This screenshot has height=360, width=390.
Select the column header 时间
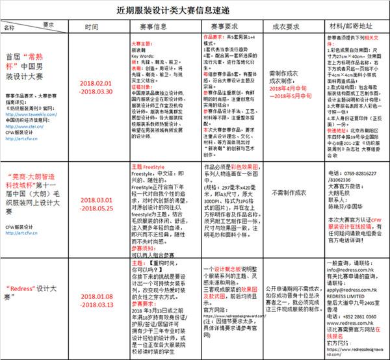click(92, 28)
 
